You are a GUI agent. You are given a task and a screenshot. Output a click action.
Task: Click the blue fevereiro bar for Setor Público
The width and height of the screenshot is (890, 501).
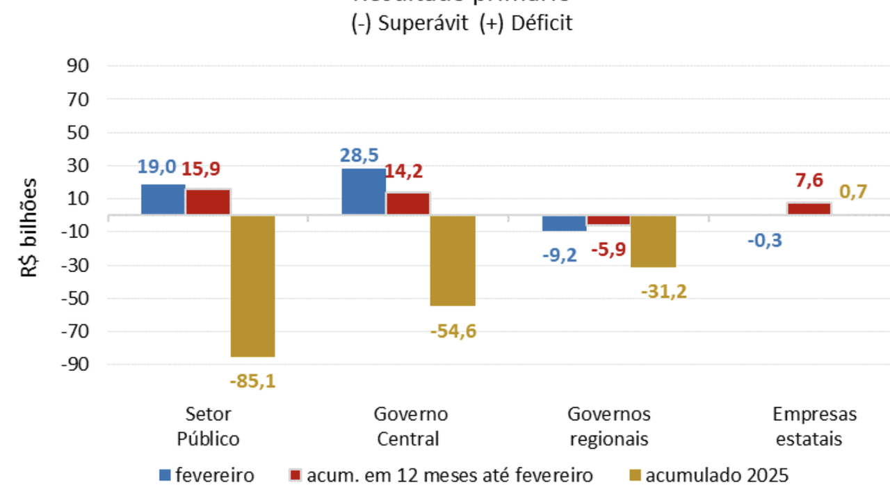[163, 200]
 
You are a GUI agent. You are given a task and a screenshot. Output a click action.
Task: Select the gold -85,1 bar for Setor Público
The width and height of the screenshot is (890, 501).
[252, 286]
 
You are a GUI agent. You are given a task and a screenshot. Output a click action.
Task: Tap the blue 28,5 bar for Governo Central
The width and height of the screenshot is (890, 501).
[363, 192]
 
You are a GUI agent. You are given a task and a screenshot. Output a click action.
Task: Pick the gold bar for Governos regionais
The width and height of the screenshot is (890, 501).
[653, 241]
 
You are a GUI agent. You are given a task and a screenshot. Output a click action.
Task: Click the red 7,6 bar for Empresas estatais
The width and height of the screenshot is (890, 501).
[809, 209]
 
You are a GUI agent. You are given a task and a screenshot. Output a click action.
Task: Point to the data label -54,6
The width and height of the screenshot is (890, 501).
[453, 331]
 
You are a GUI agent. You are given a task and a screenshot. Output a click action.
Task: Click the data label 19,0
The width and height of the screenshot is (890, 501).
[156, 167]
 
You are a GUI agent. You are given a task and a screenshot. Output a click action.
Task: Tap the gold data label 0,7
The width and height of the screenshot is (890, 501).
[853, 191]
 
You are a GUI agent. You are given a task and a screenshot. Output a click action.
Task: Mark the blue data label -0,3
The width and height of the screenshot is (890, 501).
[765, 241]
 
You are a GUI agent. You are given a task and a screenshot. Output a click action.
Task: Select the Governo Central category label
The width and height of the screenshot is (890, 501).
[410, 427]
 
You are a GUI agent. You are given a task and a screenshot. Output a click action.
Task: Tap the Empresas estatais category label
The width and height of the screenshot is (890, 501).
[814, 427]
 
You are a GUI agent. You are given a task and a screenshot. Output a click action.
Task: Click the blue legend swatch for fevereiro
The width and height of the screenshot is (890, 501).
[165, 476]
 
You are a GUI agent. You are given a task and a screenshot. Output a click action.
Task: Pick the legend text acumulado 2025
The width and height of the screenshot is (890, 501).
[717, 476]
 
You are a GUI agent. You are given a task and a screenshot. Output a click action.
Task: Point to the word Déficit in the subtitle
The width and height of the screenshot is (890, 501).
[542, 23]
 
